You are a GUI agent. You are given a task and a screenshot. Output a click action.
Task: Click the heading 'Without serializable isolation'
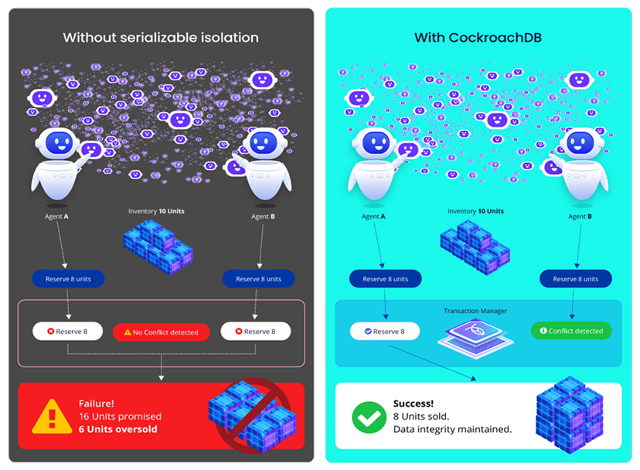161,37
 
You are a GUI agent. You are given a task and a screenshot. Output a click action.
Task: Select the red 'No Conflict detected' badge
162,332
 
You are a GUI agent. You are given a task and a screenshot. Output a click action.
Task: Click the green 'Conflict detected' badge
571,331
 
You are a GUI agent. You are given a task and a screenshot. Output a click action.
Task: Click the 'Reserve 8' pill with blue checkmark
384,332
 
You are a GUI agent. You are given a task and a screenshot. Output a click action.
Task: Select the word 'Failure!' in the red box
96,403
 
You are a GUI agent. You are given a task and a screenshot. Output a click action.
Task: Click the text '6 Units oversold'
118,429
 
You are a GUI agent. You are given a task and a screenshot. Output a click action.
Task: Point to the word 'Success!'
414,403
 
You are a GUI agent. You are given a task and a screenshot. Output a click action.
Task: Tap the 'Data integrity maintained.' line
452,429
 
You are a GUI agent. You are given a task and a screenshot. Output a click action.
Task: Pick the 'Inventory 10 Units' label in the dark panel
155,211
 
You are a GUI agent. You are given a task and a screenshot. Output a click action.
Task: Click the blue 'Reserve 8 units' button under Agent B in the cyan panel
574,279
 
